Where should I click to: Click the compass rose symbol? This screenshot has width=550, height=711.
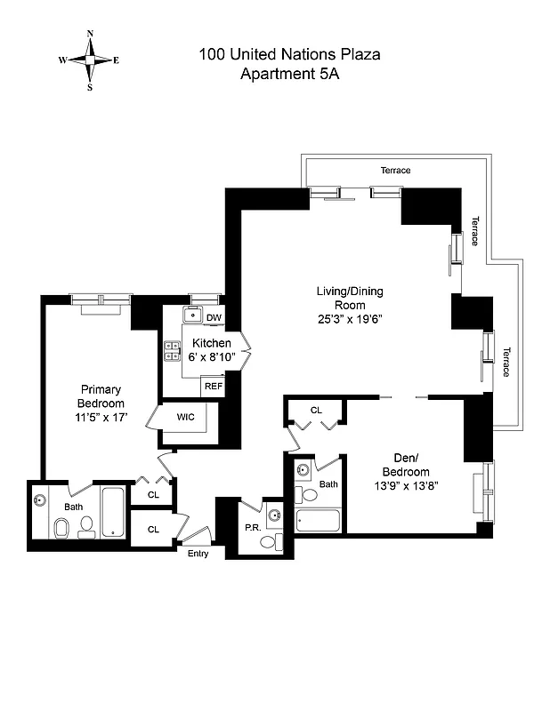(x=89, y=60)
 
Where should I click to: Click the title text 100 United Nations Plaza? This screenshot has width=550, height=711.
(x=289, y=55)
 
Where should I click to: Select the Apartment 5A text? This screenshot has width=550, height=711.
(x=289, y=75)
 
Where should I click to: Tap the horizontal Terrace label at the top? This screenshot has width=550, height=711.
(x=395, y=170)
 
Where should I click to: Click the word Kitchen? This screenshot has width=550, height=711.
(x=212, y=343)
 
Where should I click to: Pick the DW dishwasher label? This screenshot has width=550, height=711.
(x=214, y=317)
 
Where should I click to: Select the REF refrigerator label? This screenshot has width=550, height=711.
(x=214, y=386)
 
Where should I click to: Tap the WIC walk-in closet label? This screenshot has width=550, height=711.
(x=185, y=417)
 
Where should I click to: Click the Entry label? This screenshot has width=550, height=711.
(x=198, y=553)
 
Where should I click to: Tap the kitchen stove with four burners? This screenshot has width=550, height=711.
(x=172, y=352)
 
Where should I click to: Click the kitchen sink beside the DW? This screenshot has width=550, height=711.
(x=192, y=315)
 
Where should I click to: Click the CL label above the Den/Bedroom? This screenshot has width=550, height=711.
(x=316, y=410)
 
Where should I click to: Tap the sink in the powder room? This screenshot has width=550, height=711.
(x=273, y=515)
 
